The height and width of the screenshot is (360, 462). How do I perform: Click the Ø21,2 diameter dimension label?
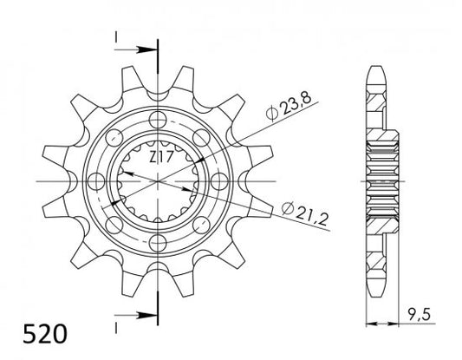(x=304, y=213)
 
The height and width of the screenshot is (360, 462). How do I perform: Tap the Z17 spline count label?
(x=160, y=157)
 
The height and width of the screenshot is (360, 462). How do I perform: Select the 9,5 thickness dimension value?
(x=420, y=315)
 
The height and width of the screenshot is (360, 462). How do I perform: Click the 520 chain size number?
(x=45, y=334)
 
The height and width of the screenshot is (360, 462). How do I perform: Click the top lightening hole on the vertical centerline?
(x=158, y=120)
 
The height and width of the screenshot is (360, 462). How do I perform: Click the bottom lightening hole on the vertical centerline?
(x=158, y=243)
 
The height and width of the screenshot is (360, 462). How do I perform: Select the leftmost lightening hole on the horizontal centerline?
(x=96, y=181)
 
